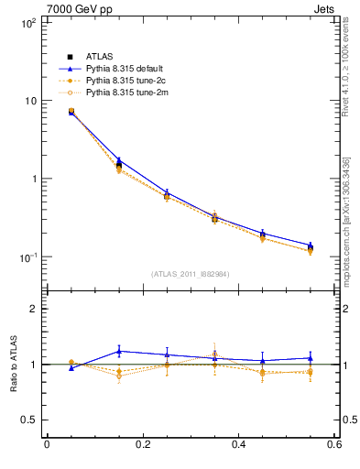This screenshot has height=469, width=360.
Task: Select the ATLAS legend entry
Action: point(100,57)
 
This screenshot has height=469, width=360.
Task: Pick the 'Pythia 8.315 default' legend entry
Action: point(127,69)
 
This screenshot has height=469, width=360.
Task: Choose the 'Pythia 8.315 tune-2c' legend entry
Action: point(128,81)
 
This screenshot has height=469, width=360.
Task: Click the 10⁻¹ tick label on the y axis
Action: point(27,257)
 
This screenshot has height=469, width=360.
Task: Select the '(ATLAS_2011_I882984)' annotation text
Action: point(191,274)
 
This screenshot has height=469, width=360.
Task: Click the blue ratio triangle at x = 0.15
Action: point(119,351)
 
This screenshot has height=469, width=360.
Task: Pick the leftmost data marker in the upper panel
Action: point(71,112)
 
